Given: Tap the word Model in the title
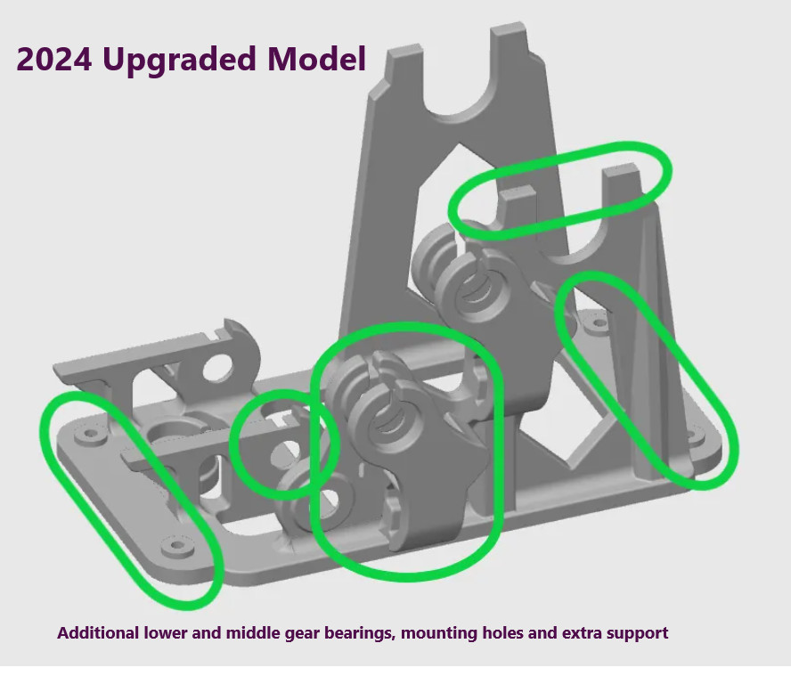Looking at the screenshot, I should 318,60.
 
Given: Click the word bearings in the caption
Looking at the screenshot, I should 361,633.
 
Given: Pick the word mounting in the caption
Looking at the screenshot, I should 437,633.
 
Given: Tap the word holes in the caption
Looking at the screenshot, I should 506,633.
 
